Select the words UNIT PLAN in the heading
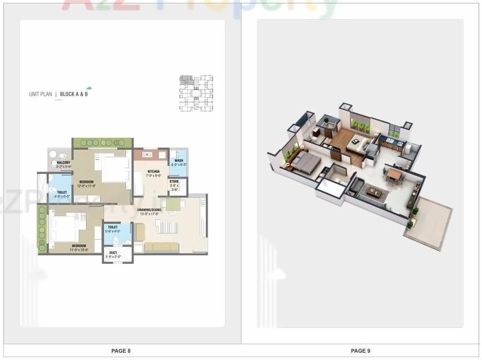tap(40, 94)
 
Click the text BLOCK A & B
tap(74, 94)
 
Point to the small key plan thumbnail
tap(196, 93)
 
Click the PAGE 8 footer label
tap(120, 351)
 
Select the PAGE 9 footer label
tap(361, 351)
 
